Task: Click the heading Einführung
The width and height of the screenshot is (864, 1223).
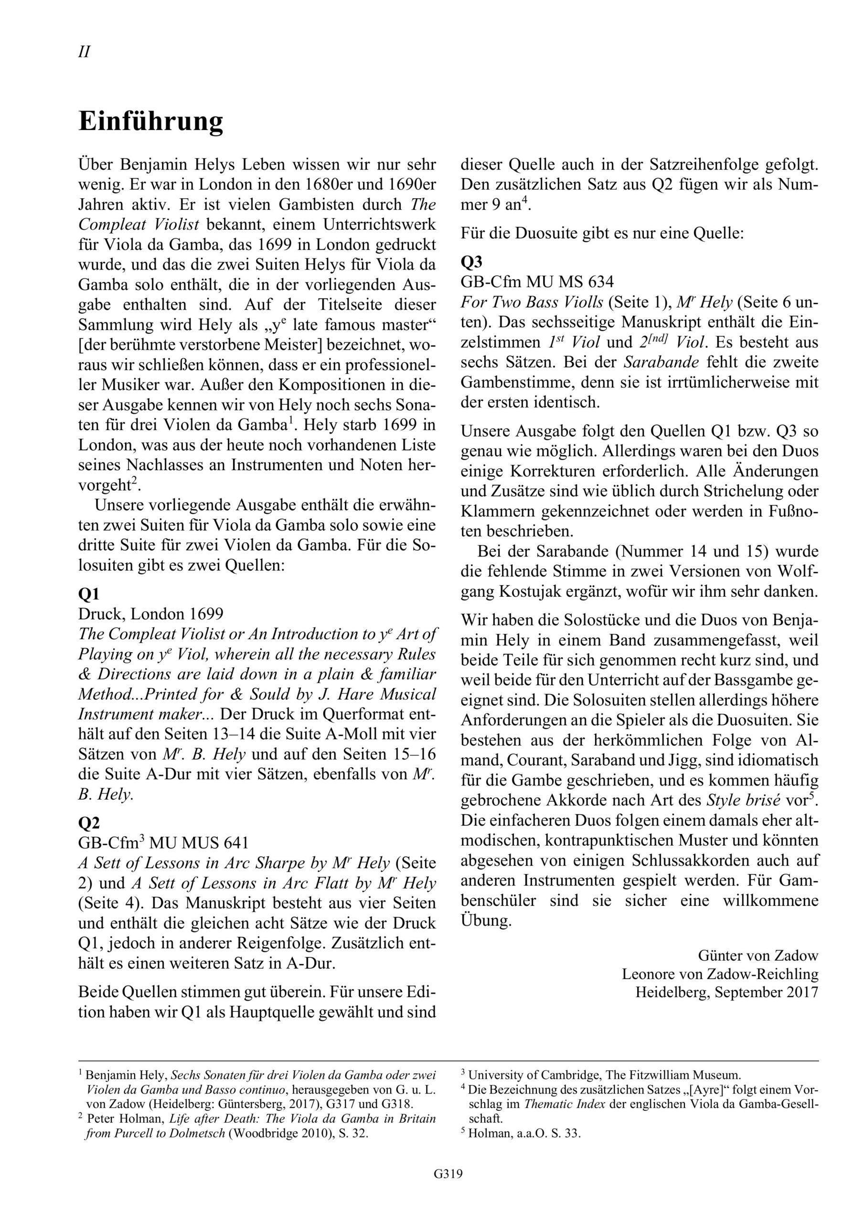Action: coord(151,122)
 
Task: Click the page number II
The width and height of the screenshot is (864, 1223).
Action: coord(84,52)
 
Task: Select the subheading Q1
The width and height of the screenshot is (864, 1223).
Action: coord(89,594)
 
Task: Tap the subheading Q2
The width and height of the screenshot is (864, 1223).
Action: coord(89,823)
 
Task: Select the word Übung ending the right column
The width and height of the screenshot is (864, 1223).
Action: coord(486,921)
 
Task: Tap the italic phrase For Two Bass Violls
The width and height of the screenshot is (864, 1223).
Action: coord(532,302)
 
